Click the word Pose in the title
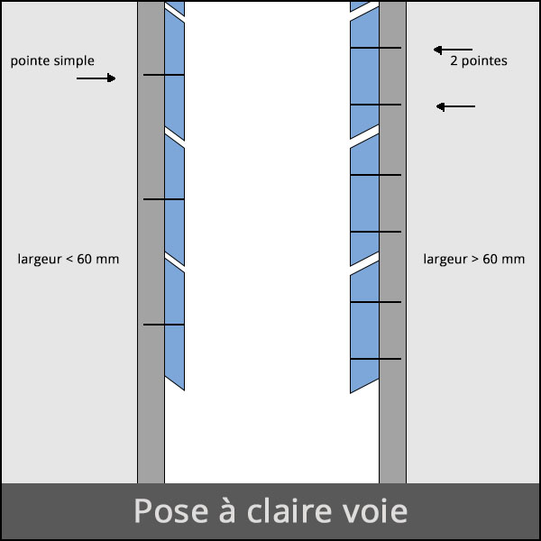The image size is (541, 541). point(170,510)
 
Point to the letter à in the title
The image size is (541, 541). point(227,510)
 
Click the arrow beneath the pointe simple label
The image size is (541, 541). point(96,78)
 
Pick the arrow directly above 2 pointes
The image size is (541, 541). point(453,50)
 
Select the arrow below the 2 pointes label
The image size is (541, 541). point(455,106)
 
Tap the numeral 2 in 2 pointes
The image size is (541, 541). point(454,60)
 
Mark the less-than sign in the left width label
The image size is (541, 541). point(69,259)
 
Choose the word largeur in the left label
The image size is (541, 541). point(40,259)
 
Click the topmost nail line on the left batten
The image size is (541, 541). point(163,75)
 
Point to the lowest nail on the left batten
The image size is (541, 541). point(163,325)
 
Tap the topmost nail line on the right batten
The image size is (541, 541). point(376,48)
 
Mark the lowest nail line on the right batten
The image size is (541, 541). point(376,359)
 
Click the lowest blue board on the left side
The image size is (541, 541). point(175,325)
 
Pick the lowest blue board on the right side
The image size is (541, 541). point(364,327)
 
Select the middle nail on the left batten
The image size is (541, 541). point(163,199)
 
